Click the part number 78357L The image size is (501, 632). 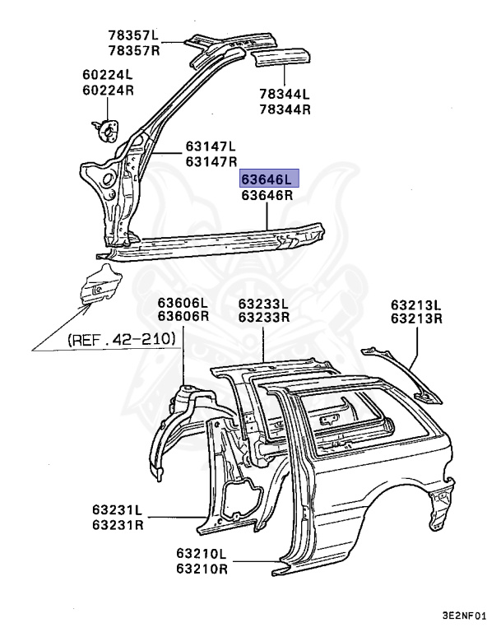(x=133, y=35)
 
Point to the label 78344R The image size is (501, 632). (x=285, y=109)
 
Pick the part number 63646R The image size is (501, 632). (x=267, y=196)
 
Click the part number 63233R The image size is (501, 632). (x=264, y=318)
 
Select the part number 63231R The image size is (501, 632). (x=117, y=525)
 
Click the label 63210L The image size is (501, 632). (x=202, y=554)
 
